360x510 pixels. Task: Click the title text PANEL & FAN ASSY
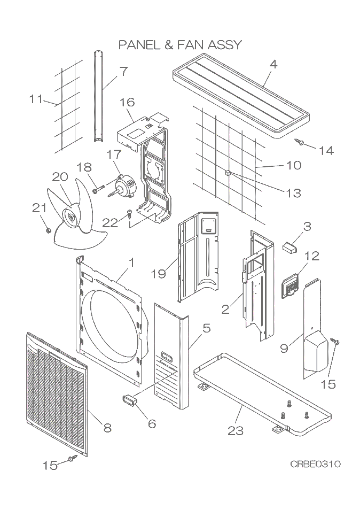tap(180, 44)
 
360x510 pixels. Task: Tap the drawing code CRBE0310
tap(315, 463)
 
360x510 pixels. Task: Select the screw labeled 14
tap(300, 142)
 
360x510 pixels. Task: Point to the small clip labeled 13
tap(228, 173)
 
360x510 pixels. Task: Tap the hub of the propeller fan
tap(69, 217)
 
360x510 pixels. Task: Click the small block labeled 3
tap(290, 246)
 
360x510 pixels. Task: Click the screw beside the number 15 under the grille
tap(72, 459)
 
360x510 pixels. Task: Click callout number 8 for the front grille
tap(107, 428)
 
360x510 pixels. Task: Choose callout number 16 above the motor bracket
tap(127, 102)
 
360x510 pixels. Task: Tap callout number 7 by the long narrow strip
tap(123, 71)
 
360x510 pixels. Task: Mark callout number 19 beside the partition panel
tap(158, 274)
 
